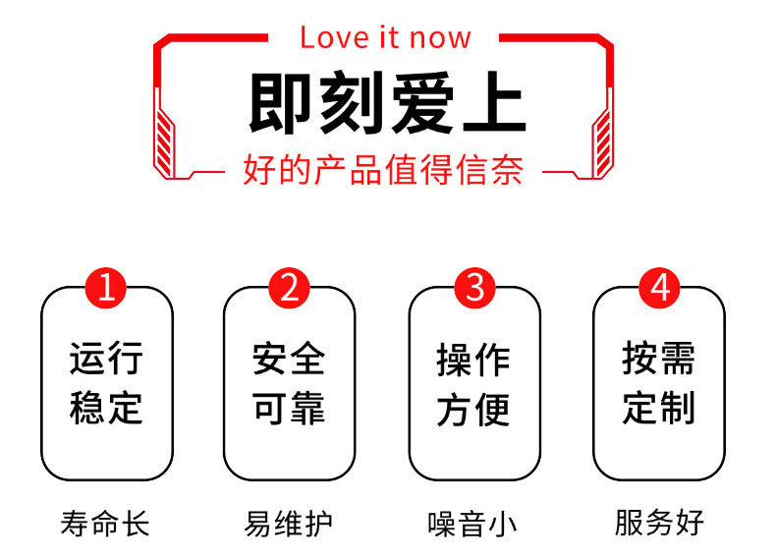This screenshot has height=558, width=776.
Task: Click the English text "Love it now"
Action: pos(385,37)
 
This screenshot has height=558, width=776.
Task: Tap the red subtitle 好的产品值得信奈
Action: pos(383,171)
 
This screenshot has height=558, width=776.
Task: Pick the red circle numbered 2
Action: pos(290,289)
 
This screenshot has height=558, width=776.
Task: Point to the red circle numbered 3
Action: pos(474,289)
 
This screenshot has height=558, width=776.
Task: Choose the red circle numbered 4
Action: pos(659,289)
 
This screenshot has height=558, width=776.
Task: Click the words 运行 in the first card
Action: pos(106,359)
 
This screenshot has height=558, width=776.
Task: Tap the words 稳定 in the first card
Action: pos(106,408)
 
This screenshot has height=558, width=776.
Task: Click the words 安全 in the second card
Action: pos(290,359)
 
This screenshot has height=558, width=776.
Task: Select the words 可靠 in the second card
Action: pos(290,408)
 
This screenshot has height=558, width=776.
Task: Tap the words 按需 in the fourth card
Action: pos(659,359)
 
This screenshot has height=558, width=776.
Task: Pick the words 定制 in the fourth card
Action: pos(659,408)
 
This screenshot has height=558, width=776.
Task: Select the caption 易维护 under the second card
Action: pos(289,523)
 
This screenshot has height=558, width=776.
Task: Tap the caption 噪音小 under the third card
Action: pos(472,523)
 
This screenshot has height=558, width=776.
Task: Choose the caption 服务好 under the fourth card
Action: pos(660,523)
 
